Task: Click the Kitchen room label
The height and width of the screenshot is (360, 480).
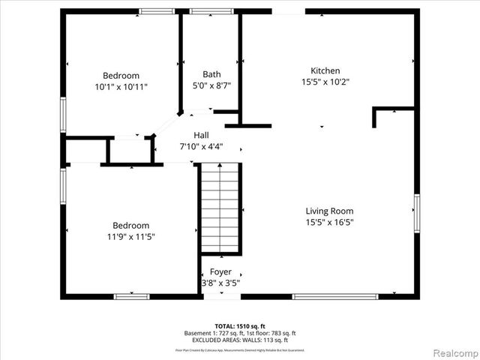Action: click(325, 70)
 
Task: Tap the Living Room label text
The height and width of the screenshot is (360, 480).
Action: click(329, 211)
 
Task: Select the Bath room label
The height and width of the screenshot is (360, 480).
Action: click(211, 74)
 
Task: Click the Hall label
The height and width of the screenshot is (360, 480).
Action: click(201, 135)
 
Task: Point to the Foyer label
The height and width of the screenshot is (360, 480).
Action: click(220, 271)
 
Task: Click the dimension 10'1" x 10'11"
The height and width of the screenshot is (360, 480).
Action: click(121, 87)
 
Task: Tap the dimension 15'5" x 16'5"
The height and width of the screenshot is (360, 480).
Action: click(329, 222)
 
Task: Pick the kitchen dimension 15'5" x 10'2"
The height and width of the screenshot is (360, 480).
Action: click(325, 82)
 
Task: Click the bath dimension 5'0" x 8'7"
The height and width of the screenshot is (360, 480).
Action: click(211, 85)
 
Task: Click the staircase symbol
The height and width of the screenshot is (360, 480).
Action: click(220, 210)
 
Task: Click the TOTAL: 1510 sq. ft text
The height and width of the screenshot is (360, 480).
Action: click(240, 326)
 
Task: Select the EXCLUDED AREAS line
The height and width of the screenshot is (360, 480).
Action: click(240, 340)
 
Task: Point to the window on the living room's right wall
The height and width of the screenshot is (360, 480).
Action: click(416, 213)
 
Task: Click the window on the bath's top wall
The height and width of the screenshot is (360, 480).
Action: click(211, 11)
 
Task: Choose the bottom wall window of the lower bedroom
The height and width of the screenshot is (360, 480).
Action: click(132, 296)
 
